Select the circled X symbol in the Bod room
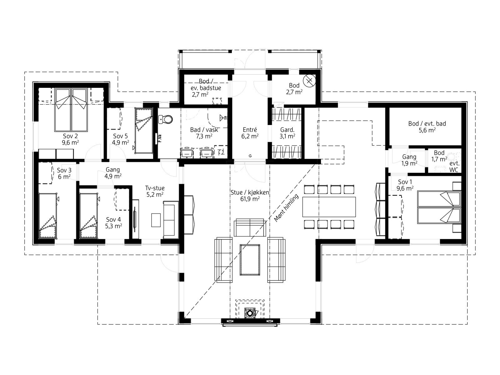(x=309, y=81)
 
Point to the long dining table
(x=329, y=207)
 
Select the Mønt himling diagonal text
(x=286, y=208)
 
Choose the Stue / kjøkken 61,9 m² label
(x=250, y=196)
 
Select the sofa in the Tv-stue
(x=171, y=220)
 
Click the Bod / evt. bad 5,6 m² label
(x=427, y=127)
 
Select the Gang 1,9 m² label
(x=409, y=160)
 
